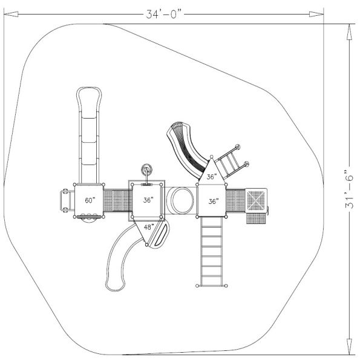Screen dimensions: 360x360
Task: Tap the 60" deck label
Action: [90, 200]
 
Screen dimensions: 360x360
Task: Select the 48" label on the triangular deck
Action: [148, 227]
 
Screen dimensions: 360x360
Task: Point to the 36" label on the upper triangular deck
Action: [211, 177]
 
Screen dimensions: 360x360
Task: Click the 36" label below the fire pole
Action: [148, 200]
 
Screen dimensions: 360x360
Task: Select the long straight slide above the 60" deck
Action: [89, 133]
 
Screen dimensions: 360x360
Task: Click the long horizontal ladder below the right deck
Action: [212, 250]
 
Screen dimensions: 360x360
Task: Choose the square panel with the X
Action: [256, 200]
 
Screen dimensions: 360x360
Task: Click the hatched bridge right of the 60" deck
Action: [117, 200]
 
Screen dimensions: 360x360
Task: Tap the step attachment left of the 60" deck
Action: [64, 200]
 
